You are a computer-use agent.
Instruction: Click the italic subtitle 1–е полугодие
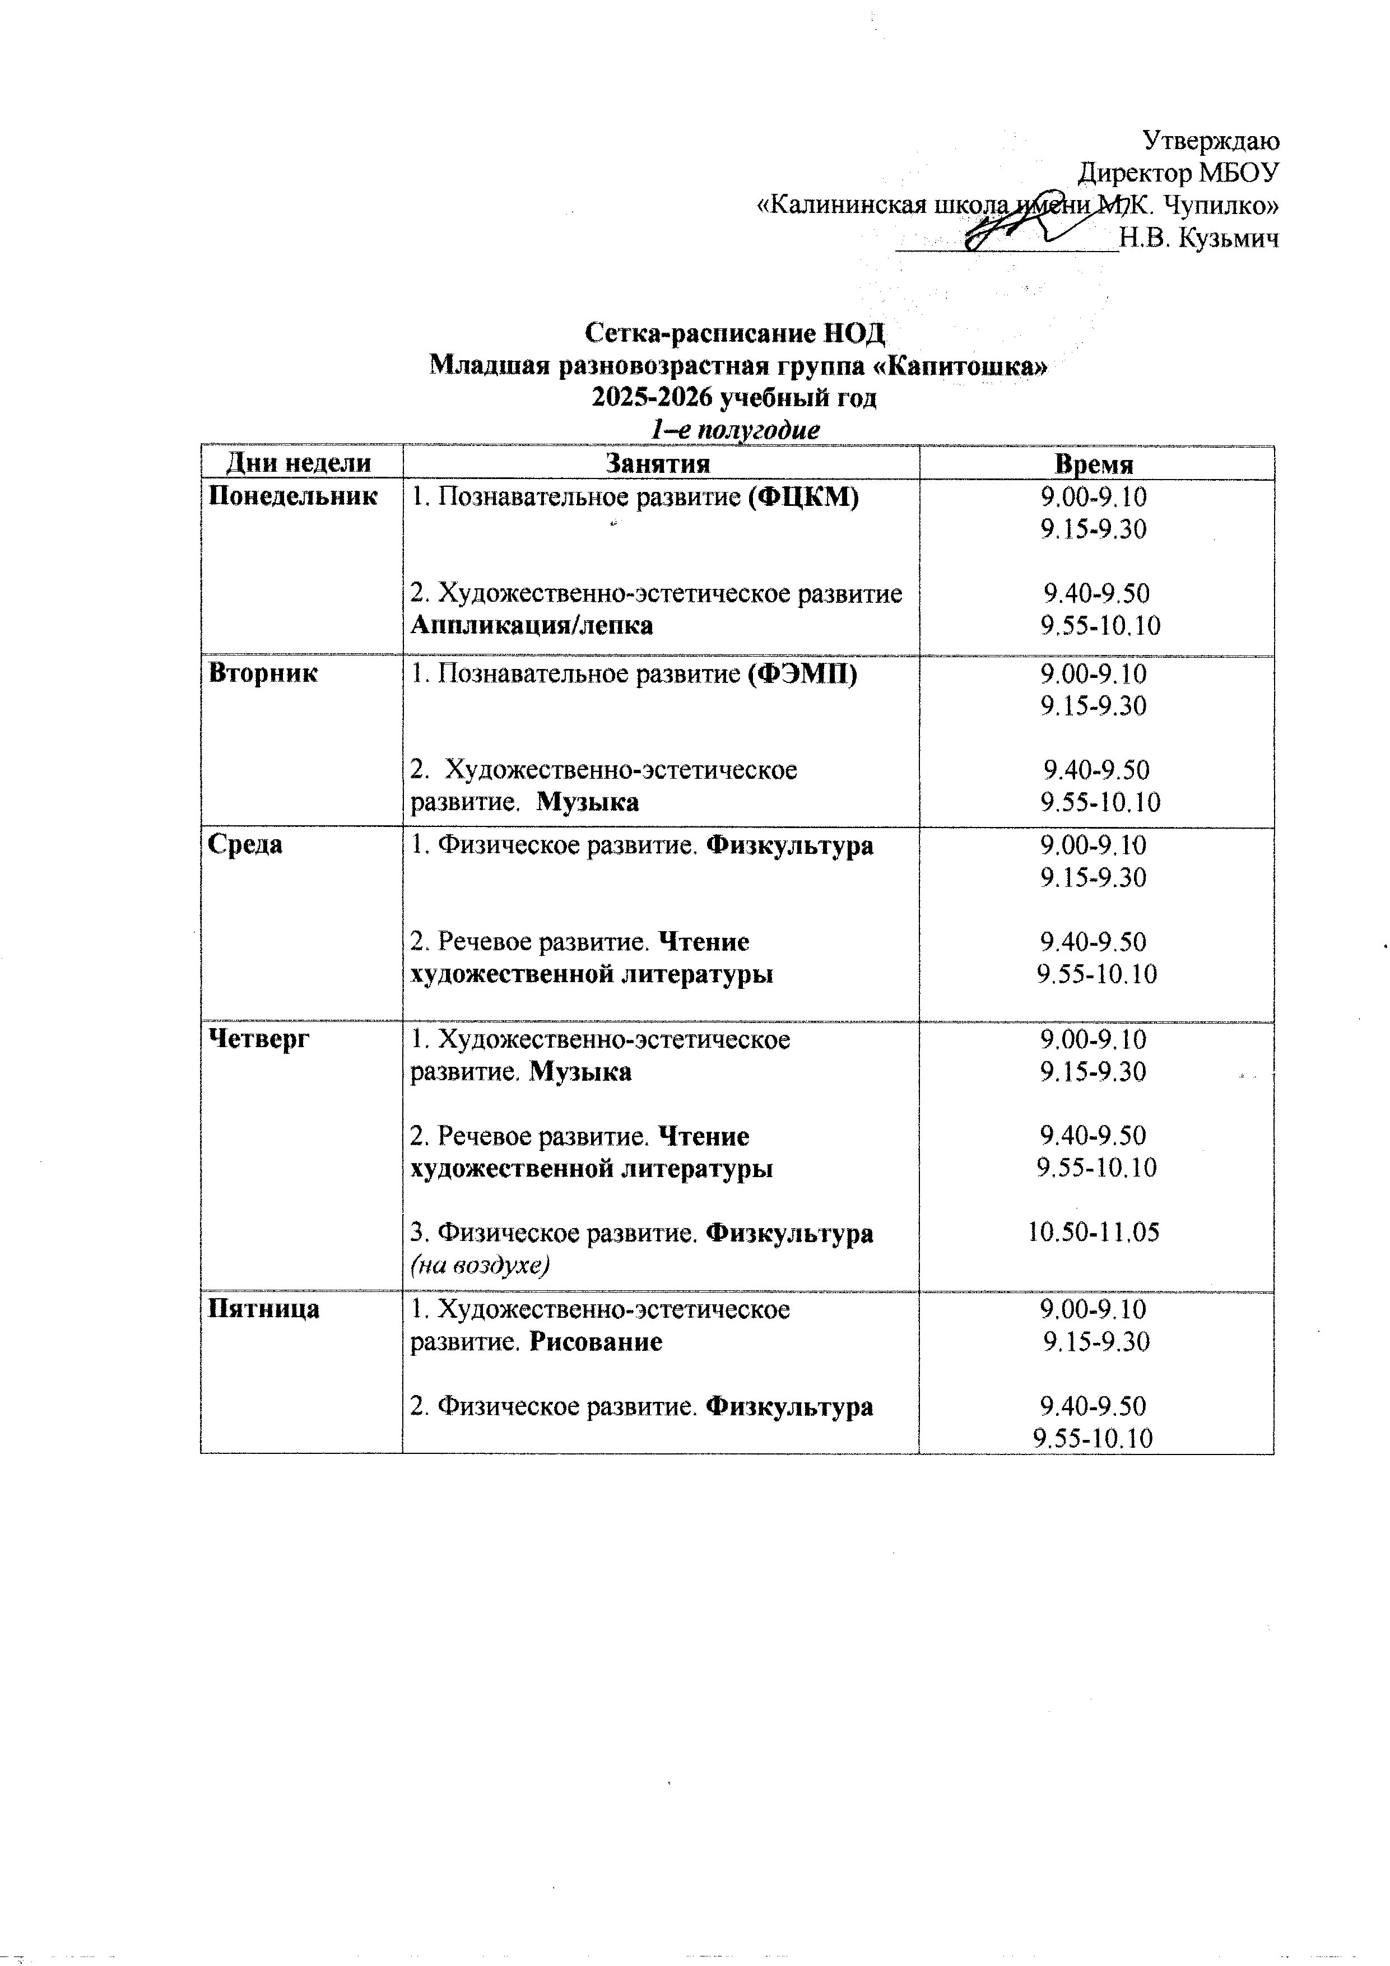pyautogui.click(x=735, y=430)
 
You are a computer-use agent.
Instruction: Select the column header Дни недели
pyautogui.click(x=299, y=463)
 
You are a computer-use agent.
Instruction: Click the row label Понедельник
pyautogui.click(x=293, y=496)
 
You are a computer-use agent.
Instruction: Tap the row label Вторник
pyautogui.click(x=263, y=673)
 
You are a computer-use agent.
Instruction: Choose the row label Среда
pyautogui.click(x=246, y=844)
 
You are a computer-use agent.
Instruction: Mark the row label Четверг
pyautogui.click(x=259, y=1039)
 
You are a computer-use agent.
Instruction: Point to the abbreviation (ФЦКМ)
pyautogui.click(x=802, y=496)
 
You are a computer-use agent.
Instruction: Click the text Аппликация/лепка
pyautogui.click(x=531, y=625)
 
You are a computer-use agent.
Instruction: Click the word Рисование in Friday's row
pyautogui.click(x=595, y=1341)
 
